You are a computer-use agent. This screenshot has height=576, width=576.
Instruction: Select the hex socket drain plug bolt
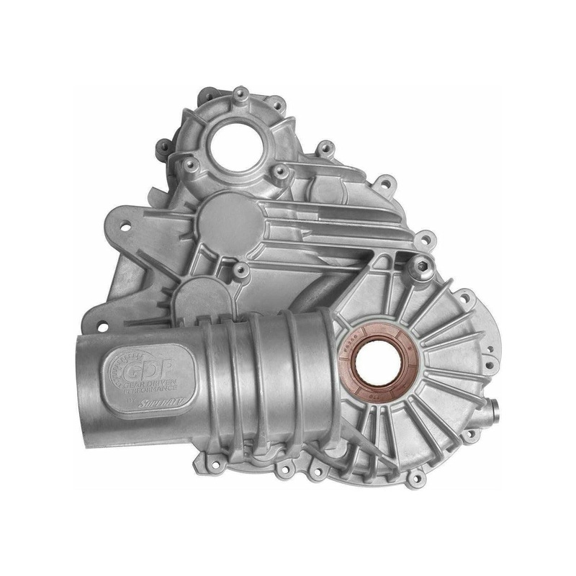[x=417, y=266]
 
